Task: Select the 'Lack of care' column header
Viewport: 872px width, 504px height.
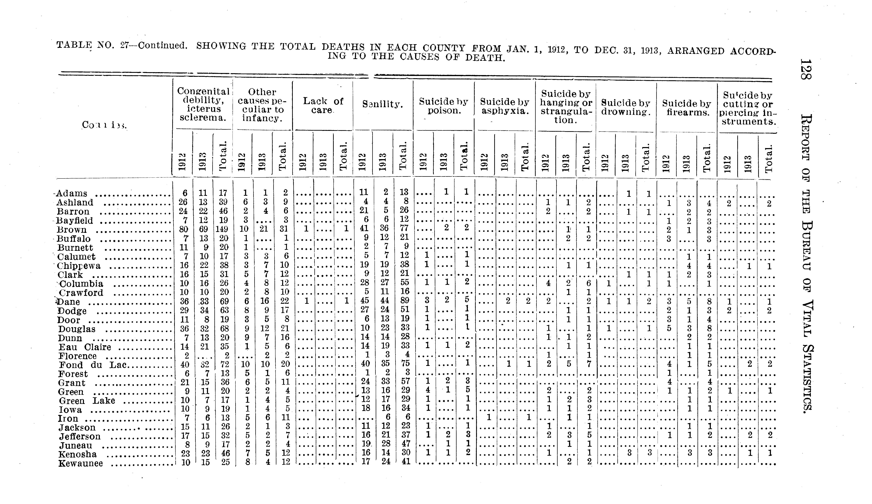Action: click(x=323, y=105)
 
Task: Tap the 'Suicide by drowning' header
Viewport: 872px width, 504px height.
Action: click(x=626, y=108)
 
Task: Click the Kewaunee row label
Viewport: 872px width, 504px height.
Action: click(x=81, y=464)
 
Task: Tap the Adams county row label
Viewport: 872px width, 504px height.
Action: click(x=72, y=193)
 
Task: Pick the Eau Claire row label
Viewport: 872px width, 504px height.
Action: click(x=85, y=347)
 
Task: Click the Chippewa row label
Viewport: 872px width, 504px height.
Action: click(x=79, y=266)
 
